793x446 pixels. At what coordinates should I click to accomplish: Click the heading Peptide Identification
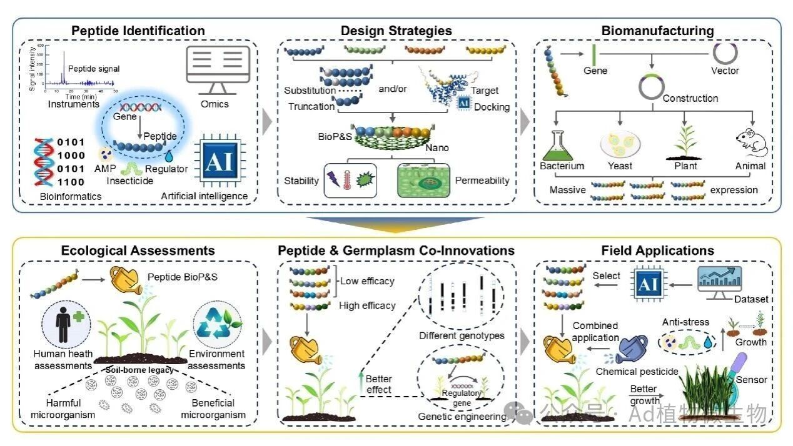tap(138, 31)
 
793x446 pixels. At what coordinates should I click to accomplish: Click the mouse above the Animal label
tap(750, 142)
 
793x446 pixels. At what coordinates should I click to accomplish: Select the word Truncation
tap(311, 106)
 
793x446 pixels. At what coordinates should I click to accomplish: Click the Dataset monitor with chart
tap(720, 282)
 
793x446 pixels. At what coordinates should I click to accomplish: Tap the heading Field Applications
tap(657, 250)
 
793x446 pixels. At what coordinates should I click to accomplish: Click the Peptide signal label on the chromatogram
tap(93, 69)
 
